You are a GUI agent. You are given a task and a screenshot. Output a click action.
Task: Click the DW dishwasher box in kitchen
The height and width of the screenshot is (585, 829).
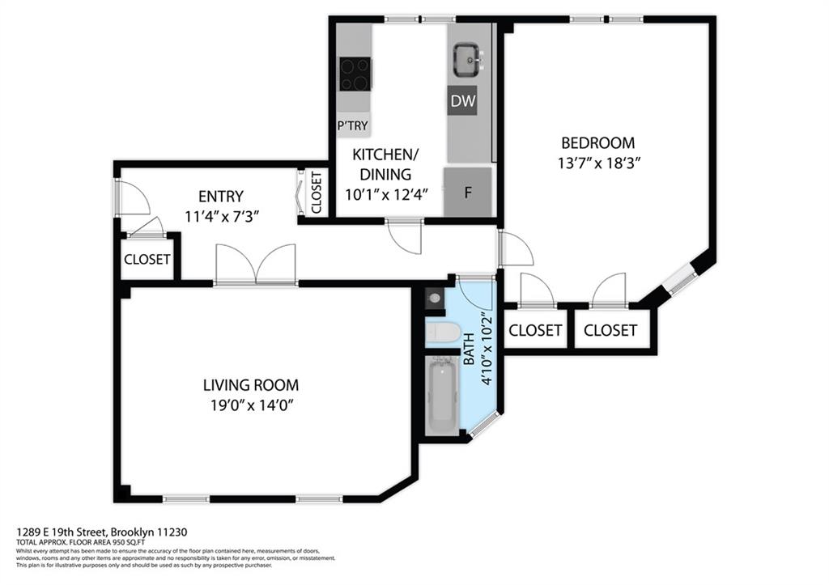point(462,101)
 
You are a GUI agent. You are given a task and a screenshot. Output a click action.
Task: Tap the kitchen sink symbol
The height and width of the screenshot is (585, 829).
point(468,59)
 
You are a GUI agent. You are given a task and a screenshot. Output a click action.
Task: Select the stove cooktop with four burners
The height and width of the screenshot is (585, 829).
point(355,74)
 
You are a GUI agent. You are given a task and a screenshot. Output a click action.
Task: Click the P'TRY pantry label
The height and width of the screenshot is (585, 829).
point(353,125)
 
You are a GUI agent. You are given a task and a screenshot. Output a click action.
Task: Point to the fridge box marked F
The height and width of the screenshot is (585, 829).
point(467,193)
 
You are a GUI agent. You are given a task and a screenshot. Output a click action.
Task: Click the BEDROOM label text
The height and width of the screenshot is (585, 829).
point(597,143)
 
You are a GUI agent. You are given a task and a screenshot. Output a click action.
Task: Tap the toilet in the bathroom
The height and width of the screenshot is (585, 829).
point(443,332)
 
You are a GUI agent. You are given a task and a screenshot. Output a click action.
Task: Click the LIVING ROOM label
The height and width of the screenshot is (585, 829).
point(250,385)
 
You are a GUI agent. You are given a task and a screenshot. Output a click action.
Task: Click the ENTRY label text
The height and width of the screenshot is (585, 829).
point(221,196)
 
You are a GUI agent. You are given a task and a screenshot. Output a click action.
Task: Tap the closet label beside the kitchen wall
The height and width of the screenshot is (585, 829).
point(317,193)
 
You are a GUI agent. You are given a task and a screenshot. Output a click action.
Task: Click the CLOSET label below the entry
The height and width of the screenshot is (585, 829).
point(147,260)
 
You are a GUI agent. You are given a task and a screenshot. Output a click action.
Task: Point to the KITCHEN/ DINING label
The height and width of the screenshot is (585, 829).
point(386,164)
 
